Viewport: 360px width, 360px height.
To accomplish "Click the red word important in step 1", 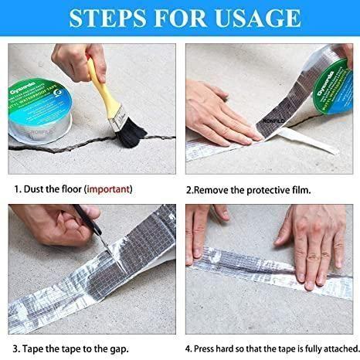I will click(x=108, y=188).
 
